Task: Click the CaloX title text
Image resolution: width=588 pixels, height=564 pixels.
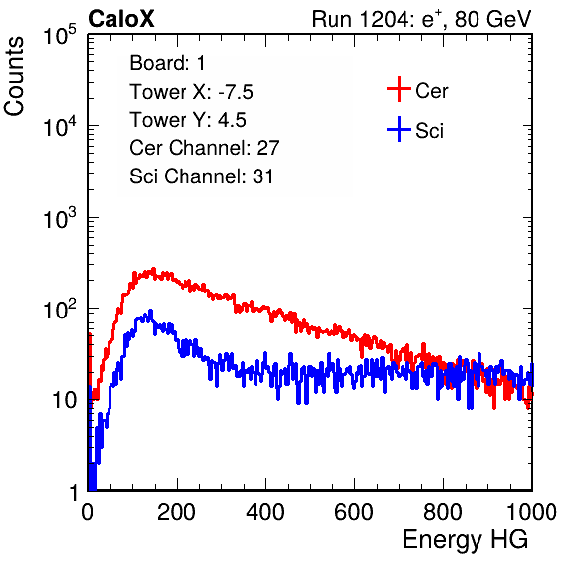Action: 121,19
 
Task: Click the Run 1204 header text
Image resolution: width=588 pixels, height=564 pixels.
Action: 421,19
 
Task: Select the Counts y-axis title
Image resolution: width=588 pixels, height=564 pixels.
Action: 14,77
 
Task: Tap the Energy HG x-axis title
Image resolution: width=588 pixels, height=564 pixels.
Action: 465,539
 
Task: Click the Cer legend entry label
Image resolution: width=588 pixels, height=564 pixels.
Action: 431,91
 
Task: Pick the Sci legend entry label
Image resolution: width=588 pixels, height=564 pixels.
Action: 429,131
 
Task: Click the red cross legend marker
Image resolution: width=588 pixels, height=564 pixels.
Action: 399,89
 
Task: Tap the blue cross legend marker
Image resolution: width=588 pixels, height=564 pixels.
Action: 399,130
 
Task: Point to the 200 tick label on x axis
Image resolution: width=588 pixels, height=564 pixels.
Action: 177,511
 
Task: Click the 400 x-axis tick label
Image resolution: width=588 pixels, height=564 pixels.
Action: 265,511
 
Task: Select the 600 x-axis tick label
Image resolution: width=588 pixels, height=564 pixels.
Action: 354,511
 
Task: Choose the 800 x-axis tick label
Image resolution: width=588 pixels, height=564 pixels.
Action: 443,511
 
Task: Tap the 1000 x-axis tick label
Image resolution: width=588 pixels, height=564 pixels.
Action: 532,511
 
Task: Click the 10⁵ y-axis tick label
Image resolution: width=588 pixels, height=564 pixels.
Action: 60,35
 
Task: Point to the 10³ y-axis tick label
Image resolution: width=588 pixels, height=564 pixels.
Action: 60,219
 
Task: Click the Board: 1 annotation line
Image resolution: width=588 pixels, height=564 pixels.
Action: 168,63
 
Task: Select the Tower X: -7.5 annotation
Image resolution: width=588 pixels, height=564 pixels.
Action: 191,92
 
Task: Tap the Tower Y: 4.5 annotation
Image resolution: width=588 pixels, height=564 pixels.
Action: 187,120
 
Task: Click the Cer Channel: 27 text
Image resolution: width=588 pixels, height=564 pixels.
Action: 204,148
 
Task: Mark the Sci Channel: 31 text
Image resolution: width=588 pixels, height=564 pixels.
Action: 201,176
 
